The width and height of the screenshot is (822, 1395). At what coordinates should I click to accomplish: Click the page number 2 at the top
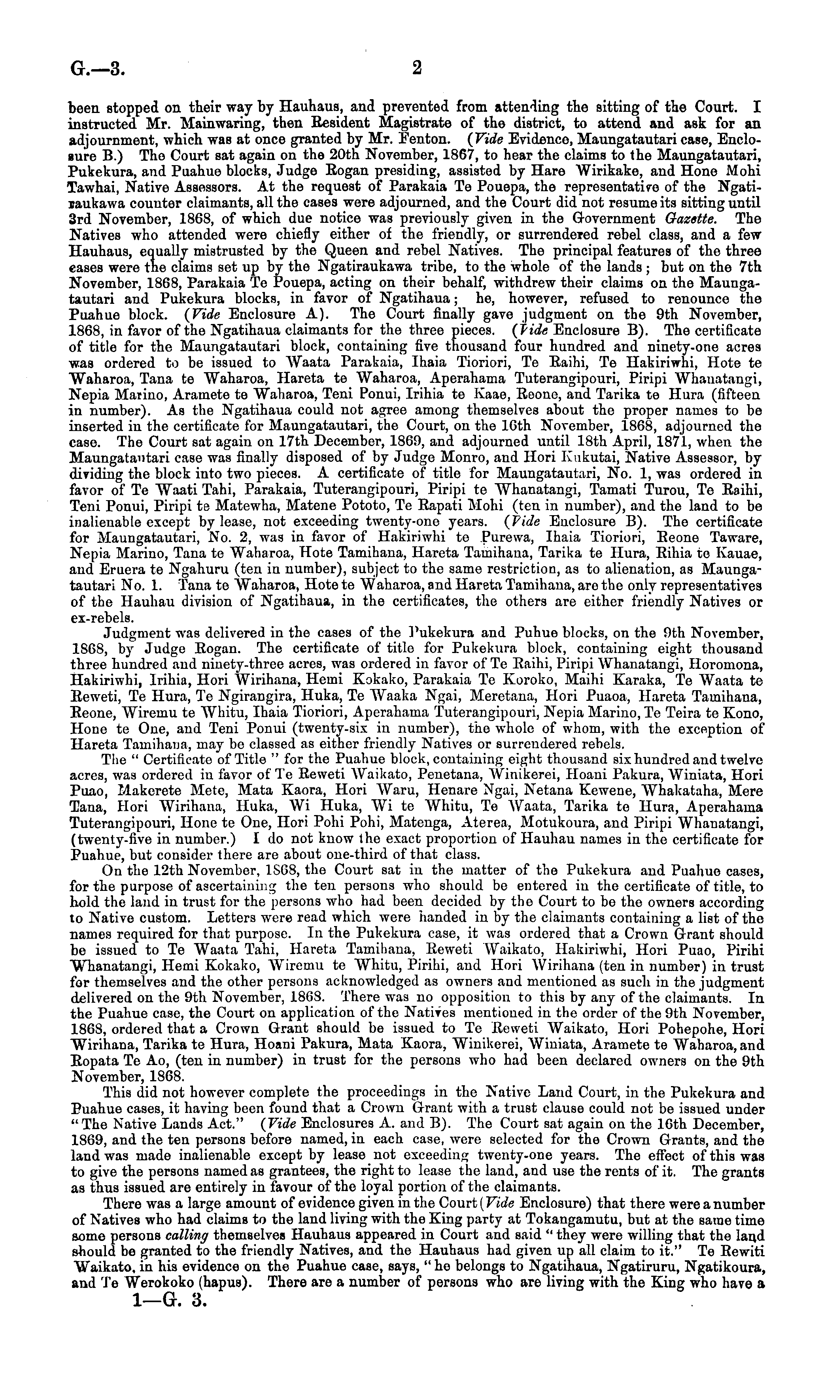coord(417,68)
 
